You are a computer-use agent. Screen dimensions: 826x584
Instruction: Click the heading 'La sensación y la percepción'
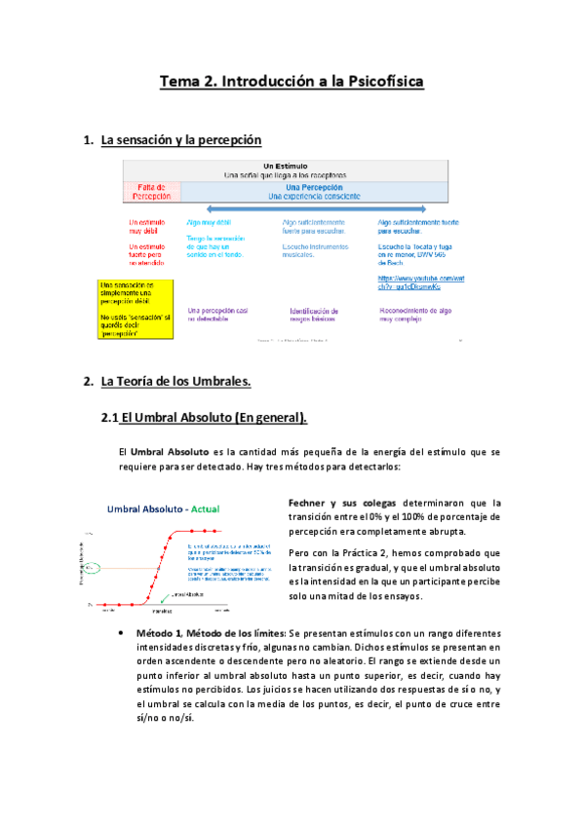(181, 141)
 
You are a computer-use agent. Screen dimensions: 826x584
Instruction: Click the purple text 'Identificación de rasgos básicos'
(313, 315)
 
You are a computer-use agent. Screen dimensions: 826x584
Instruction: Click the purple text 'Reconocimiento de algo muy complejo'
(414, 315)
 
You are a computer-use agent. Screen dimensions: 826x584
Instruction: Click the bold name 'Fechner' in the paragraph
(311, 503)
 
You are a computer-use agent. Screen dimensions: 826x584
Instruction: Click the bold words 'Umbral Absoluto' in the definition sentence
(170, 452)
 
